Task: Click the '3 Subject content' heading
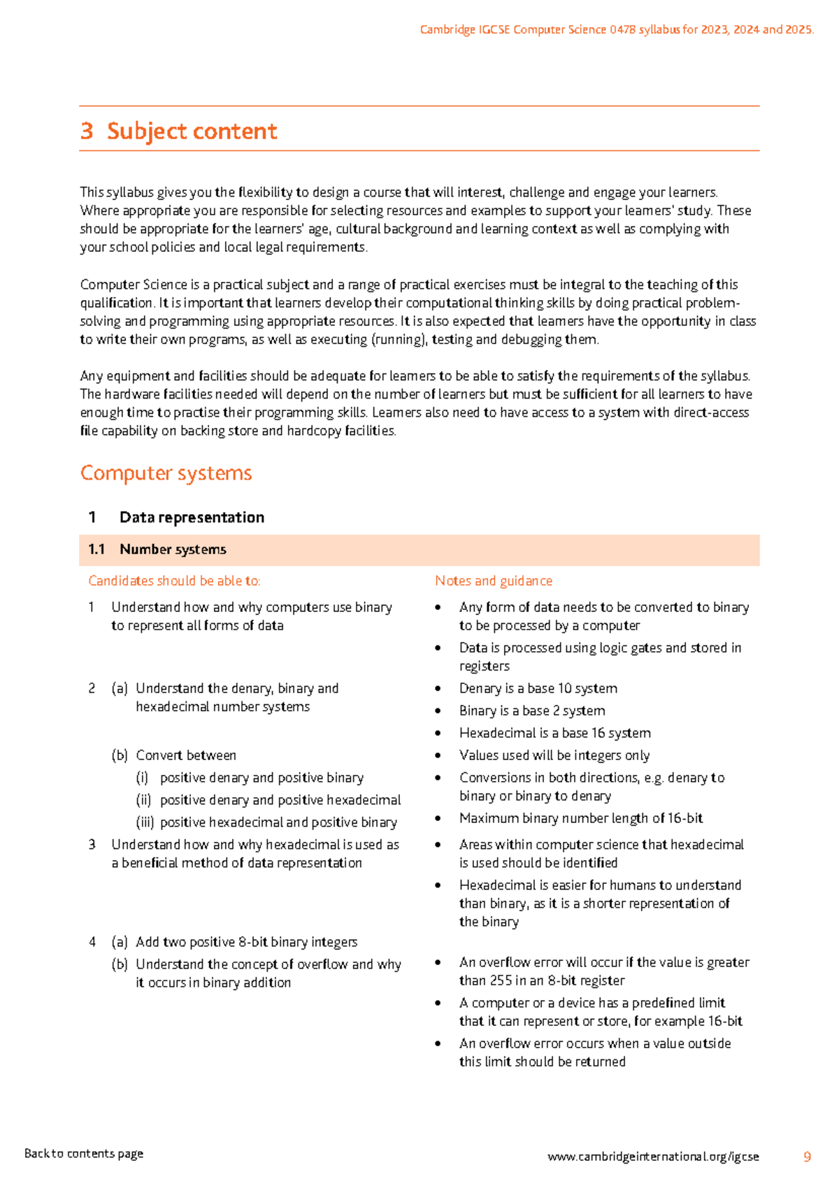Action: click(179, 131)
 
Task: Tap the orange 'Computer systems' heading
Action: click(166, 473)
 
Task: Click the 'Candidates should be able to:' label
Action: click(174, 581)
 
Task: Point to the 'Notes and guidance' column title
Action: click(493, 581)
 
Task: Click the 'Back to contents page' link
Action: click(84, 1154)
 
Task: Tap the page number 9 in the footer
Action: click(807, 1157)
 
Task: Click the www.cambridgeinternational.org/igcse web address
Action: click(652, 1157)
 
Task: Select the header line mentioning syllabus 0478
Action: click(616, 29)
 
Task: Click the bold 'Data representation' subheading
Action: click(192, 517)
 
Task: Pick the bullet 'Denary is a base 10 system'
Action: click(538, 689)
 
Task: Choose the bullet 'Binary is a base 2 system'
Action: click(531, 711)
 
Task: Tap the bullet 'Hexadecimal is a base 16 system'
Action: click(554, 734)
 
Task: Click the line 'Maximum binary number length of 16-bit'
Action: click(580, 819)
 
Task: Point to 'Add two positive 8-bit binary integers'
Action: click(246, 943)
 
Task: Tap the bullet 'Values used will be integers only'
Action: click(554, 756)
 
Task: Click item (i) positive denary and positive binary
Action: click(261, 778)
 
